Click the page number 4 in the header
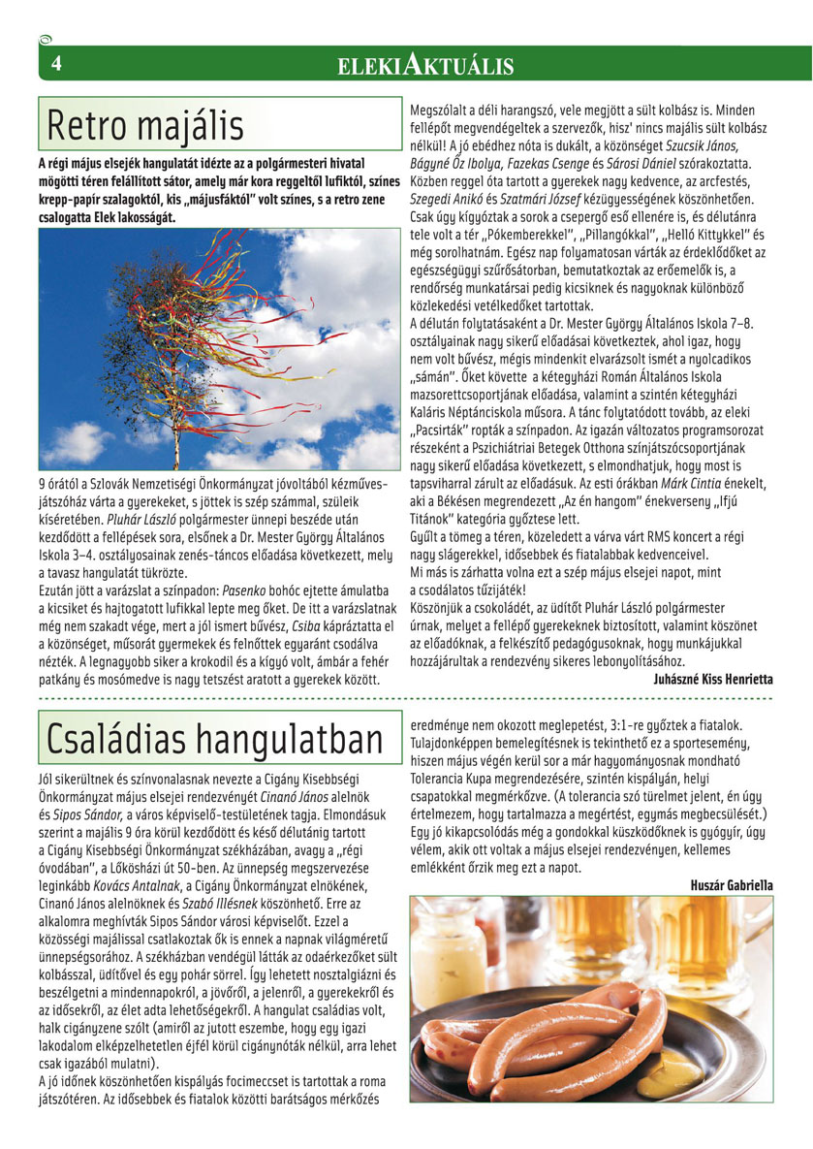(x=56, y=63)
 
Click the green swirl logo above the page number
(x=46, y=40)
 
